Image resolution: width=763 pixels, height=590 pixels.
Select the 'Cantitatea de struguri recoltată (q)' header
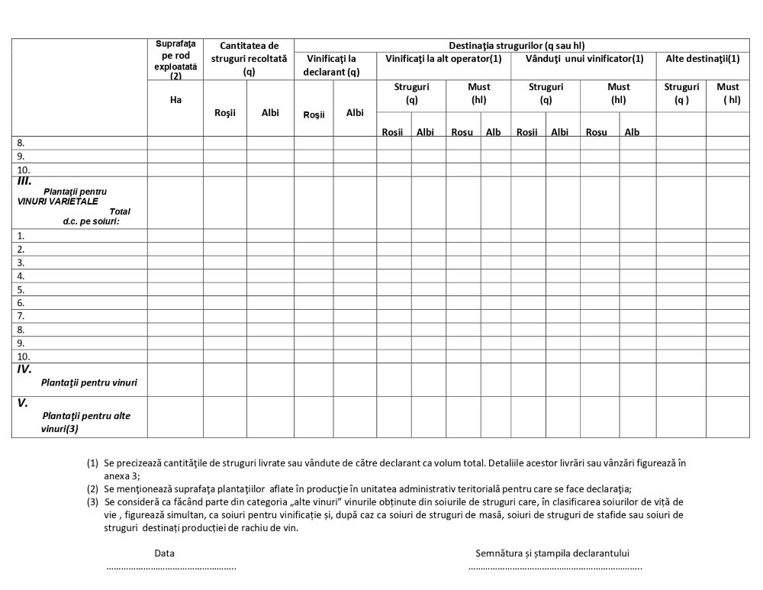(249, 59)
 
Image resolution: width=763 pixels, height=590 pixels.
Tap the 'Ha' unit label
(176, 99)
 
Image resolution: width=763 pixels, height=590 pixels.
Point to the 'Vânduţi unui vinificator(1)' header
(584, 59)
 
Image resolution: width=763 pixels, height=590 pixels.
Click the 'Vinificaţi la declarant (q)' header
(331, 65)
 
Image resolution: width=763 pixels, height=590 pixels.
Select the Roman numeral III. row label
(24, 182)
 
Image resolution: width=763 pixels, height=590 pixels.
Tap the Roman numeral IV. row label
(24, 369)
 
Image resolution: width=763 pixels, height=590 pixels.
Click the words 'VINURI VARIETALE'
(57, 202)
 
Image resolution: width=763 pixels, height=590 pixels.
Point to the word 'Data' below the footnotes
(165, 553)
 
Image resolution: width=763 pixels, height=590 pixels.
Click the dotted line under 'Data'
(172, 567)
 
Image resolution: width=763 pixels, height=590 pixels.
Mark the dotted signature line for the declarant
(555, 567)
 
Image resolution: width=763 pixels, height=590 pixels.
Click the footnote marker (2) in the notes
(92, 489)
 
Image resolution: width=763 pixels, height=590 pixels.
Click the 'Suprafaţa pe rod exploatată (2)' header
(175, 59)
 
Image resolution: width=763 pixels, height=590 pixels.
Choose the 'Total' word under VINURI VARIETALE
(120, 211)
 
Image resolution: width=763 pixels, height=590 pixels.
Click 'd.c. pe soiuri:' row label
(92, 221)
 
